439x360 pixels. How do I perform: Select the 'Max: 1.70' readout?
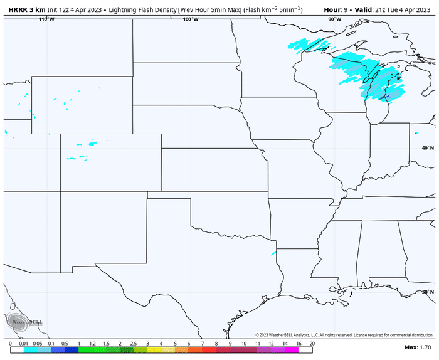417,347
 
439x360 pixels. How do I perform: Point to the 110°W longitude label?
46,19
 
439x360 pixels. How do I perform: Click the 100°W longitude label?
191,19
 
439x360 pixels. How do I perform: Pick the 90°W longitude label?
334,19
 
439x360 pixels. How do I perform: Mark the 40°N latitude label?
428,148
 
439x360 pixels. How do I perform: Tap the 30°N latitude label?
428,292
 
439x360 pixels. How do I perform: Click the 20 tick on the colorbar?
312,344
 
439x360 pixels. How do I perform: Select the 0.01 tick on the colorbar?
24,344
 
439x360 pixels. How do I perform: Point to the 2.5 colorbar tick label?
134,344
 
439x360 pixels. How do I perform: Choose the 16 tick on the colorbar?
299,344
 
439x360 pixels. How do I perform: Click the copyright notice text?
344,334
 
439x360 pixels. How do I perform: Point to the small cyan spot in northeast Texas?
273,253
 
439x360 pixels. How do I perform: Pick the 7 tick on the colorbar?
203,344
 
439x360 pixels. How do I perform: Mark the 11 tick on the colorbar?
257,344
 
